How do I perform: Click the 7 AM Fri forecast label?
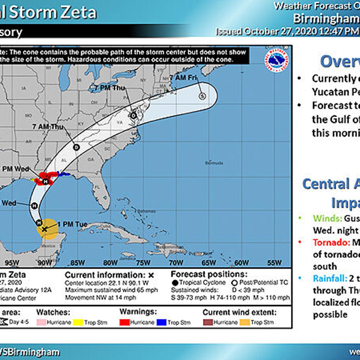point(183,78)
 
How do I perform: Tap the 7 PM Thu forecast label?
point(109,88)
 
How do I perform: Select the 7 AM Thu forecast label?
point(48,127)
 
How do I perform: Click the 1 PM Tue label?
point(72,224)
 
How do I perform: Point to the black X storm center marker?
point(44,229)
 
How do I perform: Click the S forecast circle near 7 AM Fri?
point(202,96)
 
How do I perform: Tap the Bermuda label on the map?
point(214,163)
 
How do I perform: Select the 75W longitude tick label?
point(143,263)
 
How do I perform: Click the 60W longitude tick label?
point(241,263)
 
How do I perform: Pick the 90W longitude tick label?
point(45,263)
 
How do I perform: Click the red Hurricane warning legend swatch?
point(124,322)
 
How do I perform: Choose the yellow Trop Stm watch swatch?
point(78,322)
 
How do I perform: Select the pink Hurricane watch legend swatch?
point(41,322)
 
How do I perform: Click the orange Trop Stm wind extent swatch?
point(245,322)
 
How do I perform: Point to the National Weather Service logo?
point(276,61)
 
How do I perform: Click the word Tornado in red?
point(331,242)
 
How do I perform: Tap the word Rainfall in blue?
point(330,278)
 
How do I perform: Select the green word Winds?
point(327,218)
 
